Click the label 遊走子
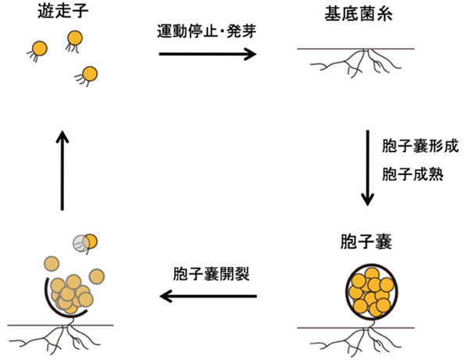click(63, 12)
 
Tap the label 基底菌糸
click(359, 13)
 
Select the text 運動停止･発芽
click(206, 31)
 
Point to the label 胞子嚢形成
click(420, 146)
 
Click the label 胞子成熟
click(412, 173)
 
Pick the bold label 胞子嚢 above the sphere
click(366, 241)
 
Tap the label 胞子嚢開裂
click(211, 273)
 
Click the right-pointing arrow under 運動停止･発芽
click(208, 54)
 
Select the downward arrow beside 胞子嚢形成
click(368, 168)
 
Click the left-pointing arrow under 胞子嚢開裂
click(209, 296)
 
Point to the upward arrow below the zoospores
click(62, 170)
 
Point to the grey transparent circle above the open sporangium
click(81, 244)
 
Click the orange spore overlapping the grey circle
click(91, 241)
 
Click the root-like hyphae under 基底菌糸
click(356, 62)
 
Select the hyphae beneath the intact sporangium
click(356, 341)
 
